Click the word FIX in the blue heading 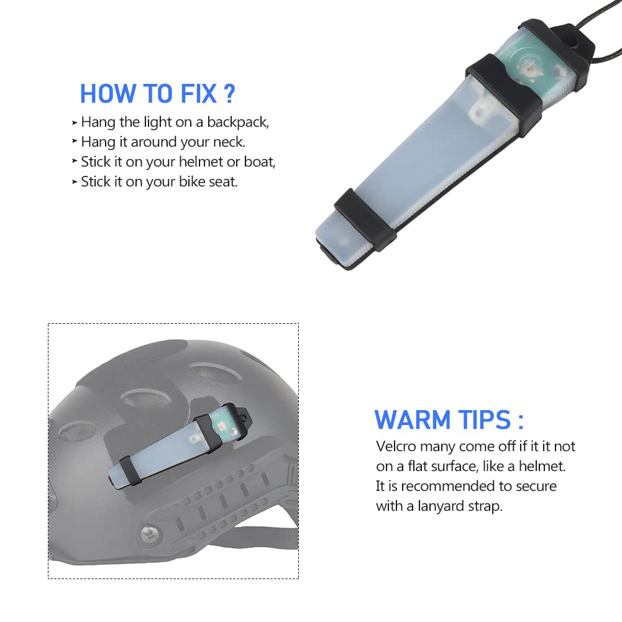[x=199, y=94]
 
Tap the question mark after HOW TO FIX [x=229, y=94]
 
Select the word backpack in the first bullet [x=238, y=122]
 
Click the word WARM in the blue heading [x=413, y=419]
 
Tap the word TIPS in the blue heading [x=484, y=419]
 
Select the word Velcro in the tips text [x=396, y=447]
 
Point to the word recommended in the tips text [x=454, y=487]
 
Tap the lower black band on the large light [x=365, y=219]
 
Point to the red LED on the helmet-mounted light [x=222, y=428]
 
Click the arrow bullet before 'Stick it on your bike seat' [x=75, y=181]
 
